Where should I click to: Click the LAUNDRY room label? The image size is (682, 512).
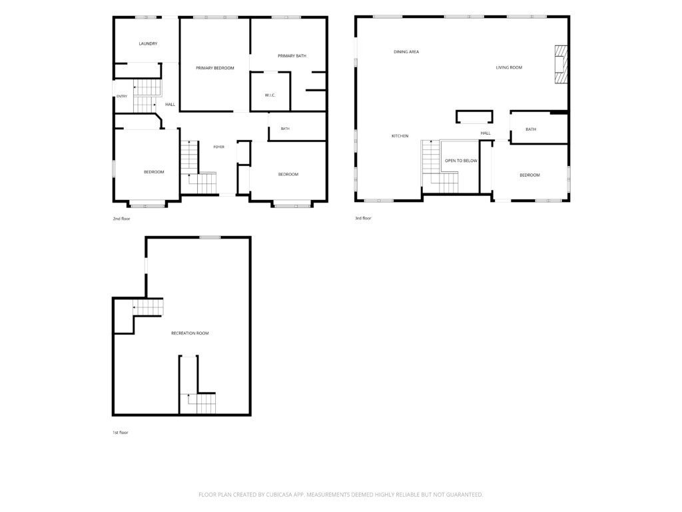148,43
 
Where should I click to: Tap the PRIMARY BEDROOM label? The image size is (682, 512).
215,68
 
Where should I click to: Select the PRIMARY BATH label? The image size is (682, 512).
292,56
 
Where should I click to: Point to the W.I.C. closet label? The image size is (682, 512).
270,95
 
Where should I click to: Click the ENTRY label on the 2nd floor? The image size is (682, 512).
122,96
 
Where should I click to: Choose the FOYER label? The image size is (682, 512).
218,147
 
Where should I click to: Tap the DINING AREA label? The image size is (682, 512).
406,52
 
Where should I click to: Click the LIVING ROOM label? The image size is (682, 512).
509,67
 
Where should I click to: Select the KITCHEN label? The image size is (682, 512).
400,136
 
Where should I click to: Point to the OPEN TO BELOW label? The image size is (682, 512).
461,161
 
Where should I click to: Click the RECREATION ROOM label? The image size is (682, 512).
190,333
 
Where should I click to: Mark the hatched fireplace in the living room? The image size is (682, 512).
561,64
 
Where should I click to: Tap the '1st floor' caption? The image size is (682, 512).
121,432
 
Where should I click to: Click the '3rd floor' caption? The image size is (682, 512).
363,218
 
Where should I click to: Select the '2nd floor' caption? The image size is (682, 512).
121,219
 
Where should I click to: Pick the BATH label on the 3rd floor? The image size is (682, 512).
531,129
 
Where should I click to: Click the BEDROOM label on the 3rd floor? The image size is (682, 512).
529,175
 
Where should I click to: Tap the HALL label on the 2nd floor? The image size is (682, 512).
170,105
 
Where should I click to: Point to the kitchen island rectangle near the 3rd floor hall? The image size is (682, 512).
474,117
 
